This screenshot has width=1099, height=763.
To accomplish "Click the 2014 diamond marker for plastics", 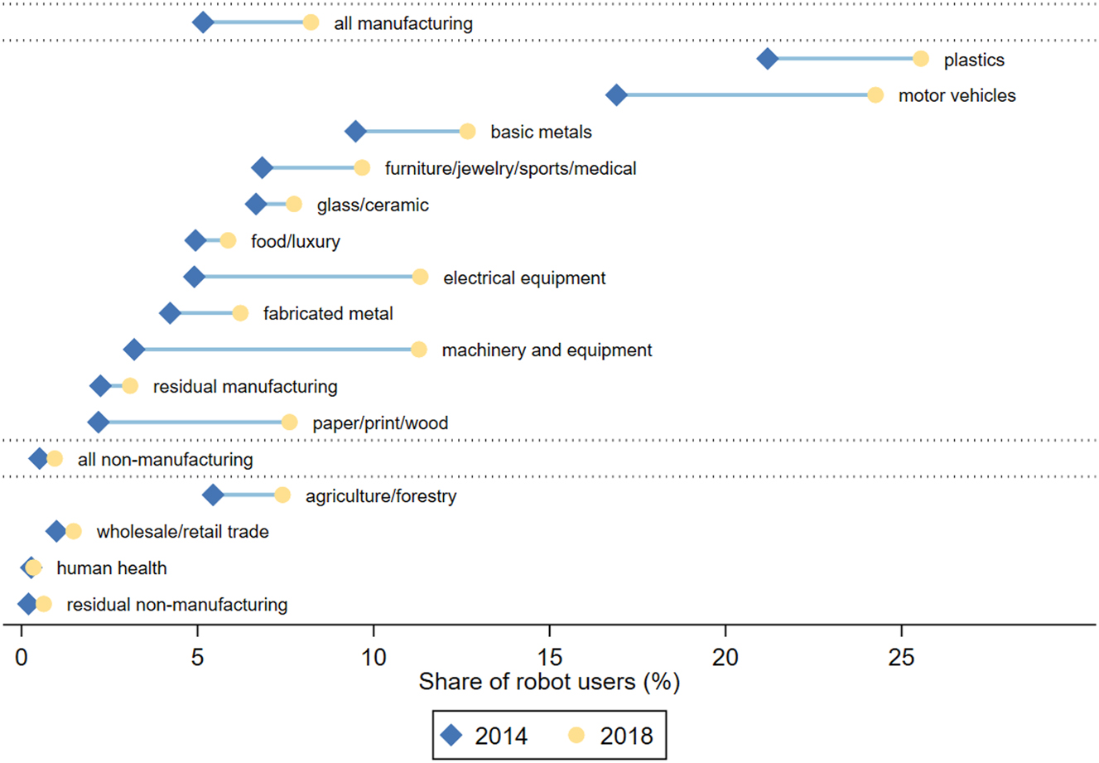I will pos(768,59).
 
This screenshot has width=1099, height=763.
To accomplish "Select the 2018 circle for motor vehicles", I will pos(875,95).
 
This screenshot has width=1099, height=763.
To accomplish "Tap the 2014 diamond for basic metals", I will pos(355,132).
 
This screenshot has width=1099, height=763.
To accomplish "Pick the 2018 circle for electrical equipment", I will pos(420,278).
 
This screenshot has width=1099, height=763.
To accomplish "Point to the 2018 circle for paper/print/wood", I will pos(289,423).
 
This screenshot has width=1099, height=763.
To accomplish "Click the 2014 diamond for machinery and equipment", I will pos(134,350).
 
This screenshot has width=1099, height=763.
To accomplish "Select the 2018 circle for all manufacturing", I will pos(311,22).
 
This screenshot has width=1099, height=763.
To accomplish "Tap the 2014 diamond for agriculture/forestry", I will pos(213,495).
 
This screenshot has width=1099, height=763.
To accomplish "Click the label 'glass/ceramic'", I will pos(373,205).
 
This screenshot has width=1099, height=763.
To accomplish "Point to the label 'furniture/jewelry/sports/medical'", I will pos(510,168).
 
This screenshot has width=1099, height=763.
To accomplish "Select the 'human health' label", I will pos(112,568).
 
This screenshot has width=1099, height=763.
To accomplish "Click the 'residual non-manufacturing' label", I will pos(177,605).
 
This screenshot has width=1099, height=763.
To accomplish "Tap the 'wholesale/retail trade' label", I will pos(182,532).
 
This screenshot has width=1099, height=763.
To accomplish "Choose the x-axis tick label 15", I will pos(549,658).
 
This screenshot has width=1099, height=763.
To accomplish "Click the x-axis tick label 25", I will pos(901,658).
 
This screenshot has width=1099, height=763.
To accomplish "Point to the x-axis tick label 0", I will pos(22,658).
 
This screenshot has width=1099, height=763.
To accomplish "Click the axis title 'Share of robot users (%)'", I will pos(549,682).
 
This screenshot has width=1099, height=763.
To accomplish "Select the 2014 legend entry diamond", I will pos(452,735).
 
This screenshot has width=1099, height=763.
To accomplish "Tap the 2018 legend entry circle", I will pos(577,735).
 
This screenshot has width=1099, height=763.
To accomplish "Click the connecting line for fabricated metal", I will pos(205,313).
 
